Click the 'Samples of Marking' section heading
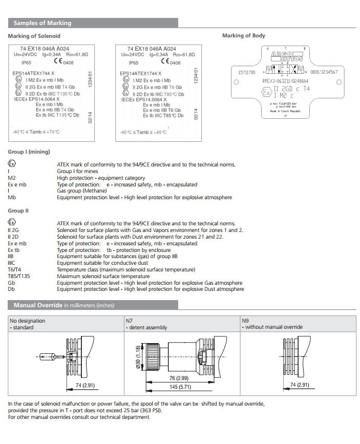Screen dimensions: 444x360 pos(43,23)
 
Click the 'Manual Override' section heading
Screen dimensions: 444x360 pos(38,305)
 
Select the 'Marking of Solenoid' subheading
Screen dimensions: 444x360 pos(34,36)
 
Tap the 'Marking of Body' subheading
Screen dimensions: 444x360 pos(243,36)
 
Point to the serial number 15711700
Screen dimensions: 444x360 pos(247,72)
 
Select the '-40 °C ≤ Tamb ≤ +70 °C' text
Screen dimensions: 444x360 pos(36,132)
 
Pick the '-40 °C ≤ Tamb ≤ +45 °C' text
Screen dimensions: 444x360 pos(144,132)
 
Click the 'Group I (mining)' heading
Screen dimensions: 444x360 pos(29,152)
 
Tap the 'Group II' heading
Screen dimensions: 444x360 pos(18,211)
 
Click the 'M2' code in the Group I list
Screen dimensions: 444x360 pos(12,178)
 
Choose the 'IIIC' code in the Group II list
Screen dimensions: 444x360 pos(12,263)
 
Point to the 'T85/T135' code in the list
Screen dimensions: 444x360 pos(19,276)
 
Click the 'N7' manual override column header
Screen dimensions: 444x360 pos(129,321)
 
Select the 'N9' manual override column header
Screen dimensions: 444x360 pos(244,321)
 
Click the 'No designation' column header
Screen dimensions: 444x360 pos(28,321)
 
